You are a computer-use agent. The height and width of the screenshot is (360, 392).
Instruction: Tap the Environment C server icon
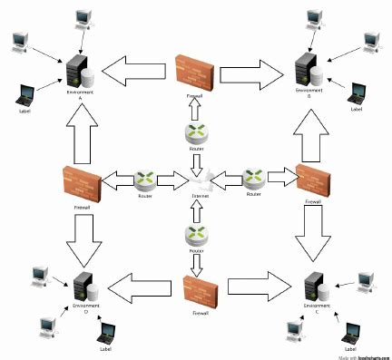coord(313,286)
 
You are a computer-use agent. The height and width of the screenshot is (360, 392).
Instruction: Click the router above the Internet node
coord(196,133)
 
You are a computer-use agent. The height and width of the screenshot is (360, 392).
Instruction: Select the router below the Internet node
coord(194,233)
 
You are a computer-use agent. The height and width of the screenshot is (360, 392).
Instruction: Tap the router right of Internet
coord(253,179)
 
